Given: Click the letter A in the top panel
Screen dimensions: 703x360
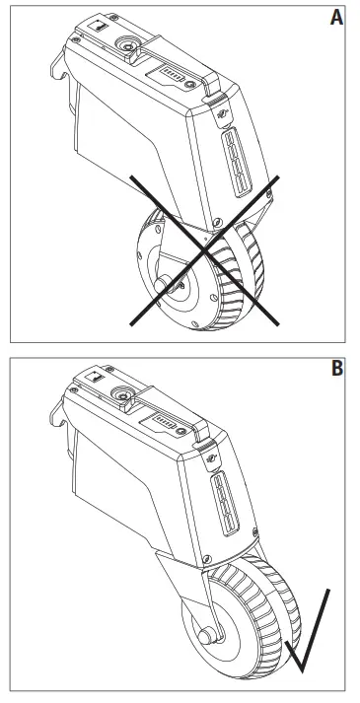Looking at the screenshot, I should [336, 19].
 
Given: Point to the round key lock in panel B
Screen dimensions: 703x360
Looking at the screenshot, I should [124, 395].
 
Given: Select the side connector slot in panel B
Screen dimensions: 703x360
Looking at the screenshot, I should [228, 503].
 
